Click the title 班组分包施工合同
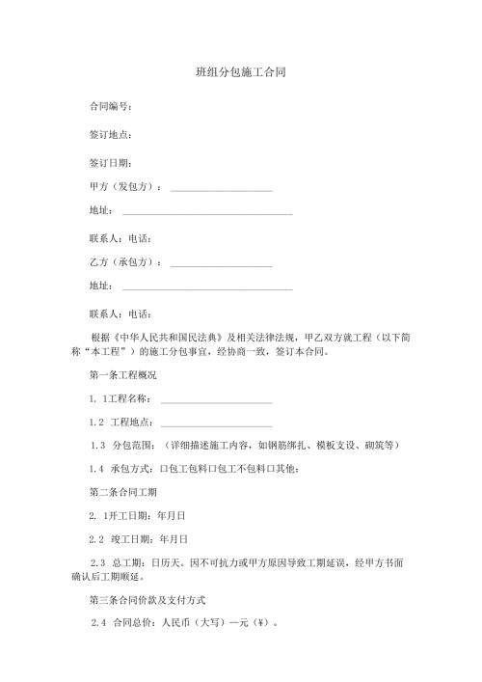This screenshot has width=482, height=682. (x=240, y=72)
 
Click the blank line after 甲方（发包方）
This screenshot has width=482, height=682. (x=221, y=187)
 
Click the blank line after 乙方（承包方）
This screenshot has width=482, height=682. (x=221, y=262)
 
